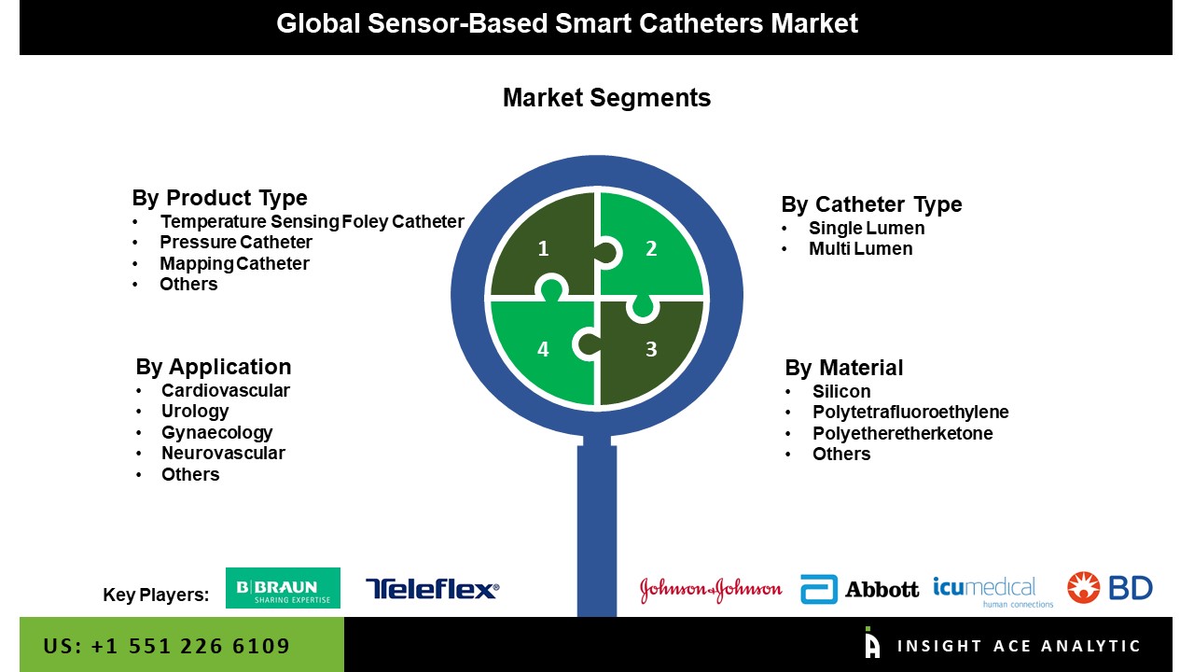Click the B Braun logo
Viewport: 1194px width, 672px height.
click(x=283, y=588)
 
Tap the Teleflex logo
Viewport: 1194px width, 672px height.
click(x=432, y=589)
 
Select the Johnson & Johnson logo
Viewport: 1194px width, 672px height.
click(x=711, y=590)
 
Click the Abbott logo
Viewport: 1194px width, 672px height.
click(x=859, y=589)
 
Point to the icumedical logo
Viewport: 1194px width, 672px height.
click(x=993, y=592)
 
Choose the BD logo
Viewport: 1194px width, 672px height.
click(x=1109, y=588)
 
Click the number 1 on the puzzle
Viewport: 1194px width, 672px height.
click(x=543, y=248)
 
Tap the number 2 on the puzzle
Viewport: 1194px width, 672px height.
click(x=651, y=248)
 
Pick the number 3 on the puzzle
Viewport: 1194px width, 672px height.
click(x=651, y=349)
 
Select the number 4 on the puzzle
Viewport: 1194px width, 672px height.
click(x=543, y=349)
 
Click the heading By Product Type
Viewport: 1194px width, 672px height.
click(x=219, y=198)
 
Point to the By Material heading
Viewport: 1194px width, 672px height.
click(x=844, y=368)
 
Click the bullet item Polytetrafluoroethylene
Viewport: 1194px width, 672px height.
click(x=910, y=413)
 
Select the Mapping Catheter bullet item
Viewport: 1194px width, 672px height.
click(x=234, y=263)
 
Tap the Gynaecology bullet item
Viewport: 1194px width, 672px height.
click(x=217, y=432)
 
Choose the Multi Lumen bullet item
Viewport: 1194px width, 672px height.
click(x=861, y=248)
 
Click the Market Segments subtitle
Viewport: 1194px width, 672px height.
click(x=606, y=98)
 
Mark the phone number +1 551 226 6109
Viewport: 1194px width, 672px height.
click(x=190, y=646)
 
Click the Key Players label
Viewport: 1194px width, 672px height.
click(x=156, y=595)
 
